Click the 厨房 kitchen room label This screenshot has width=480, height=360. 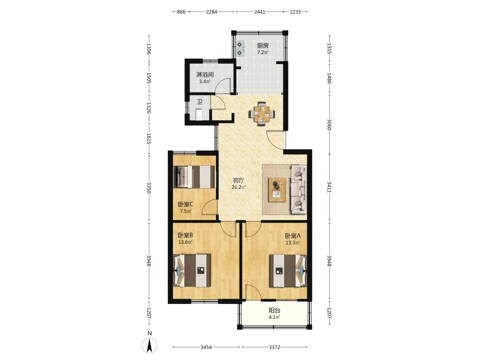tap(263, 46)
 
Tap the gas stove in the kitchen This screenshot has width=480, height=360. tap(240, 49)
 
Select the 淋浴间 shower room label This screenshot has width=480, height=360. tap(205, 75)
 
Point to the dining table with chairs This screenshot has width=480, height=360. tap(262, 114)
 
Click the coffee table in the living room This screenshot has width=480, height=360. tap(277, 190)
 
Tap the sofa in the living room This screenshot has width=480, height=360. tap(298, 189)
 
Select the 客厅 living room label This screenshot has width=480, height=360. tap(239, 181)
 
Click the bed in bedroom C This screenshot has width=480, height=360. tap(194, 177)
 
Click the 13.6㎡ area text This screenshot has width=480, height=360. tap(185, 242)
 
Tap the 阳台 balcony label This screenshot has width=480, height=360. tap(274, 310)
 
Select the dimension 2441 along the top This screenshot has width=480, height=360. tap(260, 12)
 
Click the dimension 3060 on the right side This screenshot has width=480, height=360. tap(329, 124)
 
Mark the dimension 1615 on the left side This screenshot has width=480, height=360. tap(149, 139)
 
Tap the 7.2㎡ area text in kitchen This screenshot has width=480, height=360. tap(263, 52)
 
